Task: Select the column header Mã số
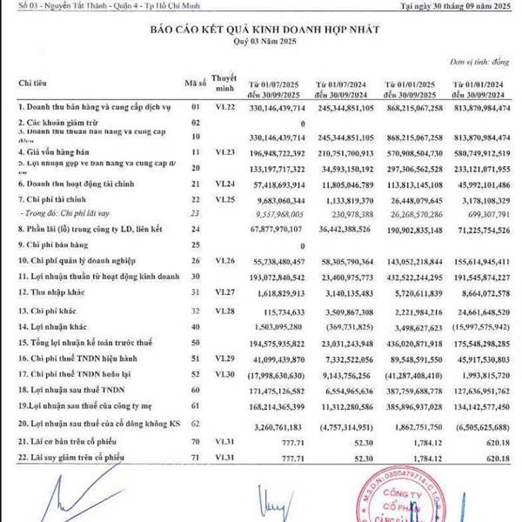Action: pos(195,83)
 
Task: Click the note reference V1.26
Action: pos(226,260)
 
